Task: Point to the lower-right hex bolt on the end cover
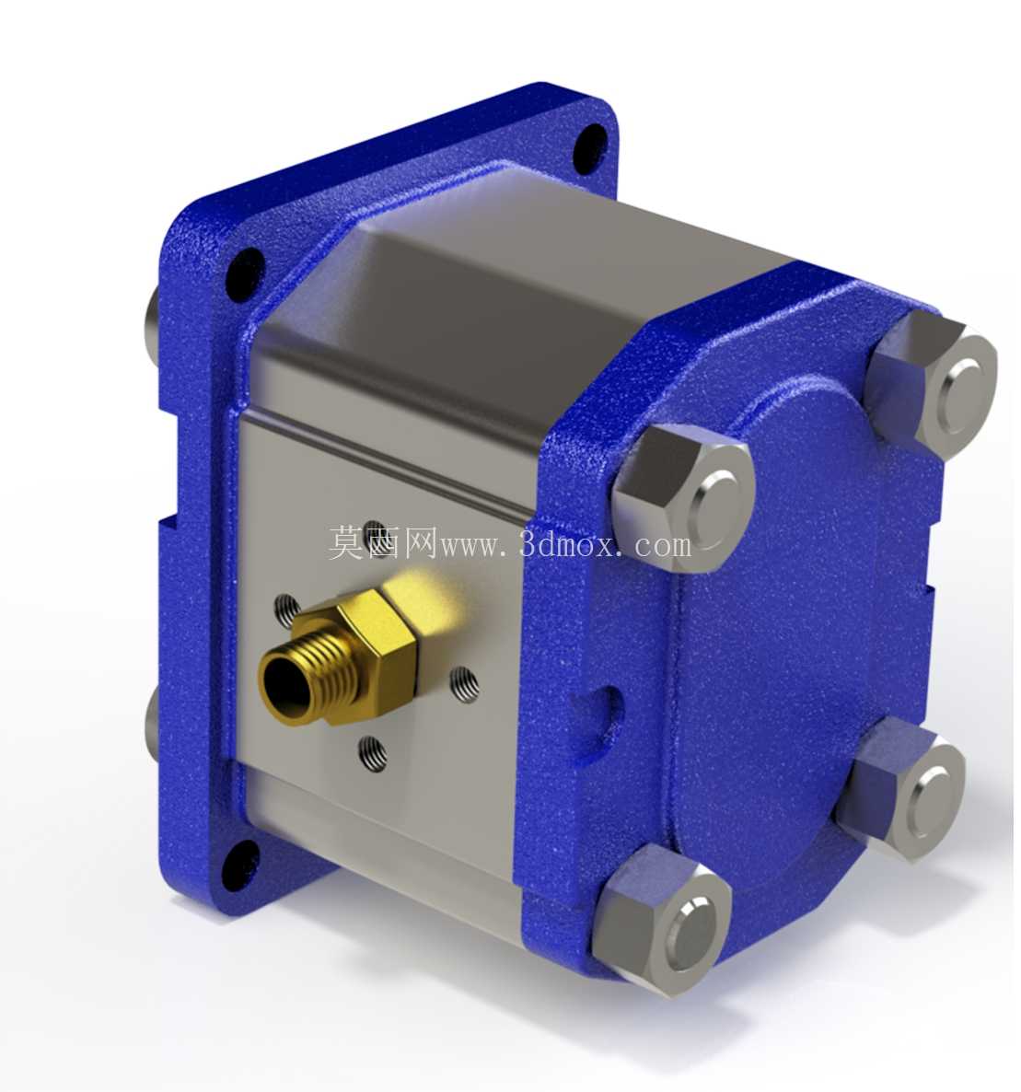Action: coord(905,791)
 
